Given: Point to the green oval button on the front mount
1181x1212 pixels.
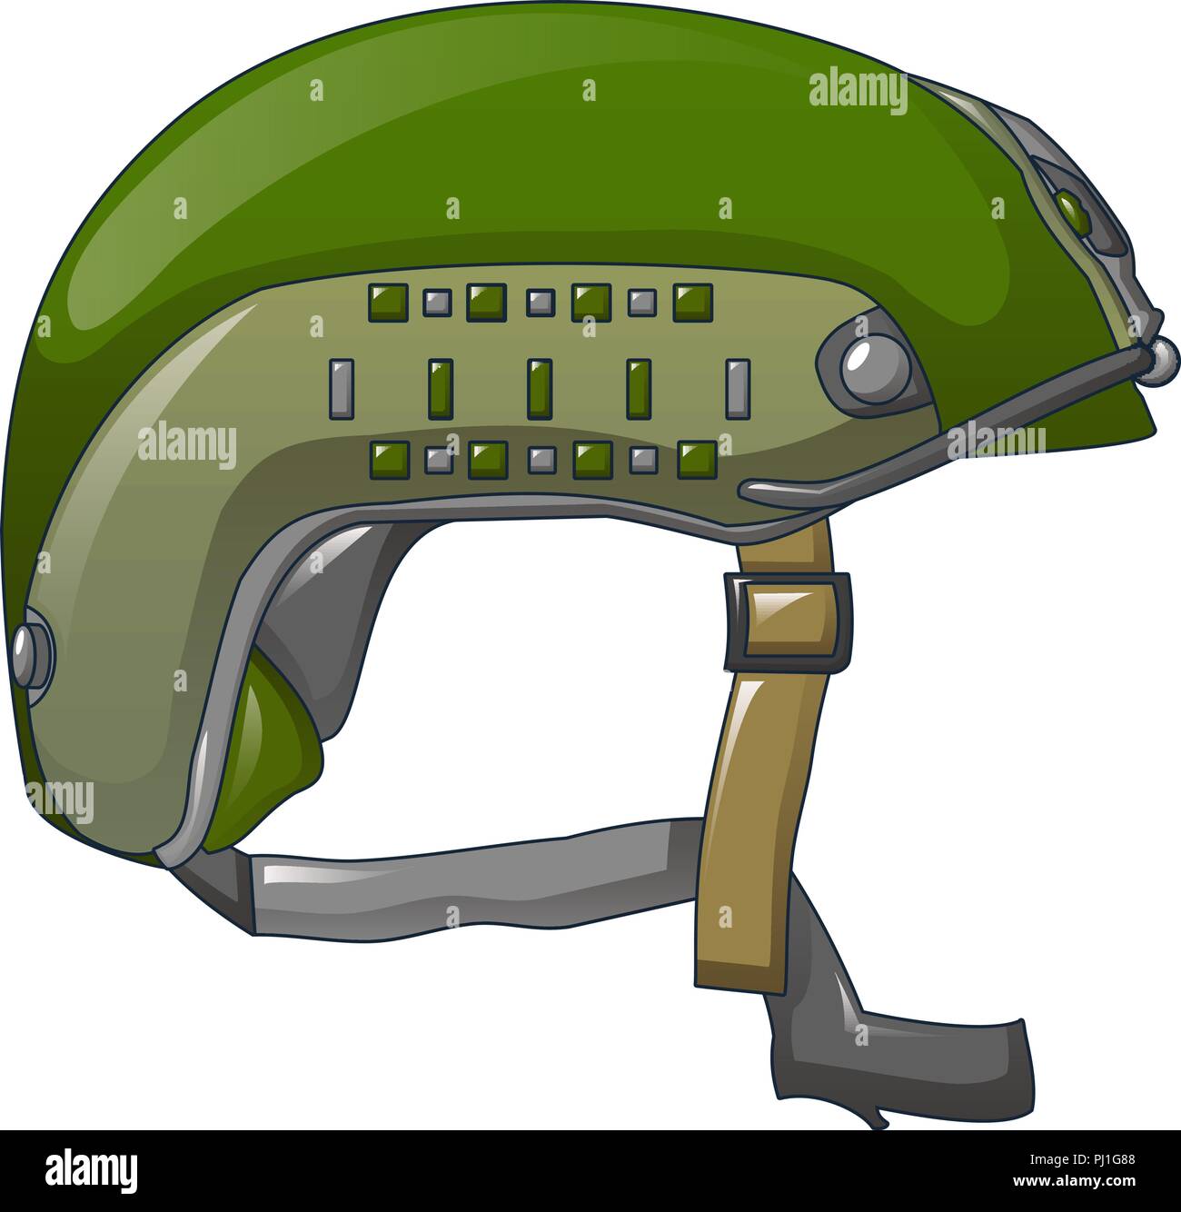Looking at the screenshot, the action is click(x=1075, y=213).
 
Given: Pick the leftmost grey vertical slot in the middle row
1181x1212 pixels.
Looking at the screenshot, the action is click(x=341, y=389).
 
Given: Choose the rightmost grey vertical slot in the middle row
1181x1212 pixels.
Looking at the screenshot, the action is click(x=738, y=389).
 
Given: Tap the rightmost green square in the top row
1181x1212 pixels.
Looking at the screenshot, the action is click(x=693, y=303).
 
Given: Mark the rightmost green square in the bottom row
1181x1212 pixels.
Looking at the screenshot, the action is click(x=698, y=460).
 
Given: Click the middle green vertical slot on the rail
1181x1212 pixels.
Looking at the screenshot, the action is click(x=540, y=389).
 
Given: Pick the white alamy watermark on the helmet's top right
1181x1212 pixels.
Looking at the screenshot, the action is click(x=857, y=91).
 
